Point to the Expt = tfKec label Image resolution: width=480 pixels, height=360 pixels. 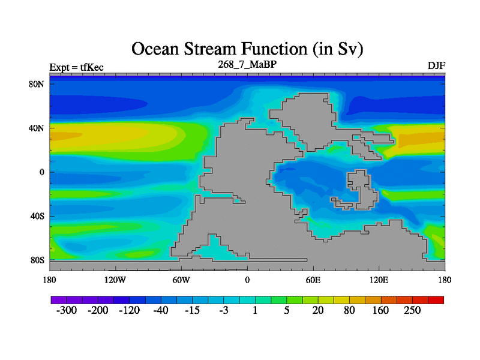pyautogui.click(x=77, y=67)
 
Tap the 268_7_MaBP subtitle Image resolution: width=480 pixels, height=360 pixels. pyautogui.click(x=247, y=64)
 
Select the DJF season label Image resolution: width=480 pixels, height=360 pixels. pyautogui.click(x=436, y=65)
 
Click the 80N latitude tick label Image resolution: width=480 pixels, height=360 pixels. pyautogui.click(x=37, y=84)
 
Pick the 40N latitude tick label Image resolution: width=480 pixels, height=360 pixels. pyautogui.click(x=37, y=128)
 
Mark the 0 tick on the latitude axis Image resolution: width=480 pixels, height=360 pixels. pyautogui.click(x=42, y=172)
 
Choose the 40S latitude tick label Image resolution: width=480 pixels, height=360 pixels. pyautogui.click(x=37, y=216)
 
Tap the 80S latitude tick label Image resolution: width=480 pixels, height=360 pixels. pyautogui.click(x=37, y=260)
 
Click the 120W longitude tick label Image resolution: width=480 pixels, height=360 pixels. pyautogui.click(x=115, y=280)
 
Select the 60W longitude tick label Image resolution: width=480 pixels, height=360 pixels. pyautogui.click(x=181, y=280)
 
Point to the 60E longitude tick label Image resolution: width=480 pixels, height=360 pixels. pyautogui.click(x=313, y=280)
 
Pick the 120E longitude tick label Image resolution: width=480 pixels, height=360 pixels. pyautogui.click(x=379, y=280)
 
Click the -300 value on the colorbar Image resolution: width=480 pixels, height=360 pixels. pyautogui.click(x=67, y=310)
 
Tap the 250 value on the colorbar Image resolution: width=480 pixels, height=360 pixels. pyautogui.click(x=412, y=310)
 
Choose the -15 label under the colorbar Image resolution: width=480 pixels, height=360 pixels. pyautogui.click(x=192, y=310)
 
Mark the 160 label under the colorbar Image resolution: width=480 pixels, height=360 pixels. pyautogui.click(x=380, y=310)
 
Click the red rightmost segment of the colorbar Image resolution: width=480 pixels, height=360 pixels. pyautogui.click(x=436, y=300)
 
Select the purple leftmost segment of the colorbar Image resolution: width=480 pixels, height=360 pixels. pyautogui.click(x=59, y=300)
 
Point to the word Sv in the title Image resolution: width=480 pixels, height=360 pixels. pyautogui.click(x=349, y=49)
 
